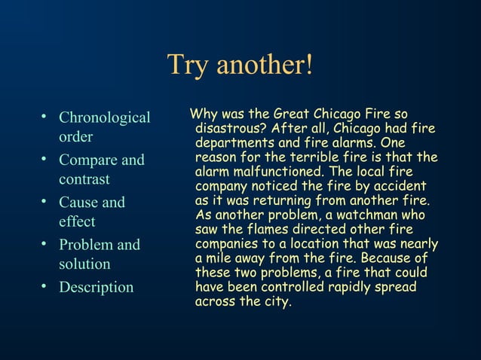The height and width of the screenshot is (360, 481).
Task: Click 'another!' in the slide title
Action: point(264,65)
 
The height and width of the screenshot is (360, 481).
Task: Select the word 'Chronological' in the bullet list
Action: point(105,118)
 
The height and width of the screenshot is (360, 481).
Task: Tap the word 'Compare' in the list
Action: point(88,160)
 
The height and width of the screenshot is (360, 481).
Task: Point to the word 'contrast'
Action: point(84,179)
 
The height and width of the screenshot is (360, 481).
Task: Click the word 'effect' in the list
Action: point(77,221)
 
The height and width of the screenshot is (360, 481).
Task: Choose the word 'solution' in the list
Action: point(84,264)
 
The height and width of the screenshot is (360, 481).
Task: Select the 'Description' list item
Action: point(96,287)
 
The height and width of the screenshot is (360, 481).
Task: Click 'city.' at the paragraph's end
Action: point(275,302)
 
